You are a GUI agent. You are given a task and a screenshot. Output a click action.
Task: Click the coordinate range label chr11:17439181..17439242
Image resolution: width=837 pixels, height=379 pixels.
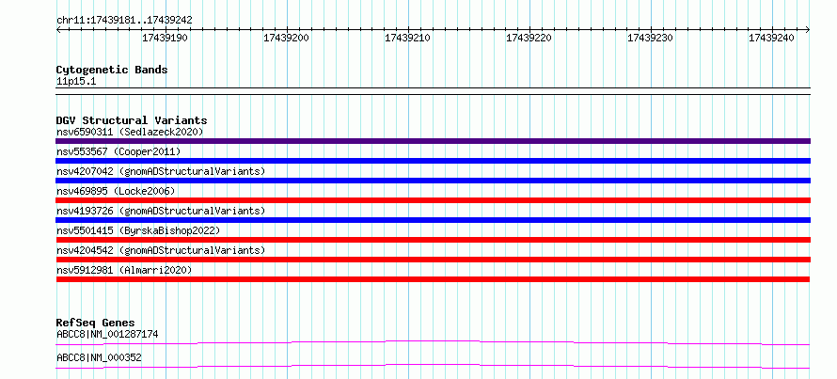[124, 21]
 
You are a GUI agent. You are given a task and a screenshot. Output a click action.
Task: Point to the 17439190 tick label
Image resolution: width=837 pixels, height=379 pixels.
[165, 38]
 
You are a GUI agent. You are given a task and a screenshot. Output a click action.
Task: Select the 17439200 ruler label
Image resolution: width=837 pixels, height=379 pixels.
[286, 38]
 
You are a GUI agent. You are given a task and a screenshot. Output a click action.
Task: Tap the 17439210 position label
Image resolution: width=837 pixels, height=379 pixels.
[407, 38]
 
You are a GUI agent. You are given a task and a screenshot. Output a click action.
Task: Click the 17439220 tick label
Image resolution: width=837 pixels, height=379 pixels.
[529, 38]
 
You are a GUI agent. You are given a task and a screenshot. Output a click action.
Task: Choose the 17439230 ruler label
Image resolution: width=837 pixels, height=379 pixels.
[650, 38]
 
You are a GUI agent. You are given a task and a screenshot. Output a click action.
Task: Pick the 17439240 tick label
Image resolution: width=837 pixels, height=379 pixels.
[771, 38]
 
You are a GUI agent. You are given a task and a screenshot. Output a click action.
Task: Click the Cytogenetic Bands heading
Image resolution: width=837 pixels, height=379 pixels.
[112, 70]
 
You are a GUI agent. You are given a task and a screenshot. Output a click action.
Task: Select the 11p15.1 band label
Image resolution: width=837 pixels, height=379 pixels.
[76, 82]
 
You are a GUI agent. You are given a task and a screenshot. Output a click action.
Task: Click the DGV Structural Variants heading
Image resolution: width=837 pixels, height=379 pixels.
[132, 120]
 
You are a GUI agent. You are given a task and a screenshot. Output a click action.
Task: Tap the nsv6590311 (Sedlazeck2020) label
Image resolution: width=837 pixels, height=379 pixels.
[130, 132]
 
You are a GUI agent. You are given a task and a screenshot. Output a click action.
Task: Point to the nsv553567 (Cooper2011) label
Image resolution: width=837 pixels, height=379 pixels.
[118, 151]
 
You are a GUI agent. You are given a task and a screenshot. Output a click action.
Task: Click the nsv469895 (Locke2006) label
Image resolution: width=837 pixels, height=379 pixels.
[116, 191]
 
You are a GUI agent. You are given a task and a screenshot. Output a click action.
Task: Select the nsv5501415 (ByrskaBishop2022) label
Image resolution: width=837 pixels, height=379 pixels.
[138, 230]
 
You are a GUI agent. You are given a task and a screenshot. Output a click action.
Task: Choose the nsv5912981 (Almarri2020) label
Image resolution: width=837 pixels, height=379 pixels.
[124, 270]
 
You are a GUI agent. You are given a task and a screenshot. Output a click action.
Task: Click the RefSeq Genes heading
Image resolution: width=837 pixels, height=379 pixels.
[96, 323]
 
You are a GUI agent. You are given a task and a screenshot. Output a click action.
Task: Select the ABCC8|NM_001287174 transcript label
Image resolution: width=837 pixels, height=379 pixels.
[107, 335]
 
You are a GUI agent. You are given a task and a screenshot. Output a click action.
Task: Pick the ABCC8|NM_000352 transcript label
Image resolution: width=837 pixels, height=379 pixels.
[100, 357]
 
